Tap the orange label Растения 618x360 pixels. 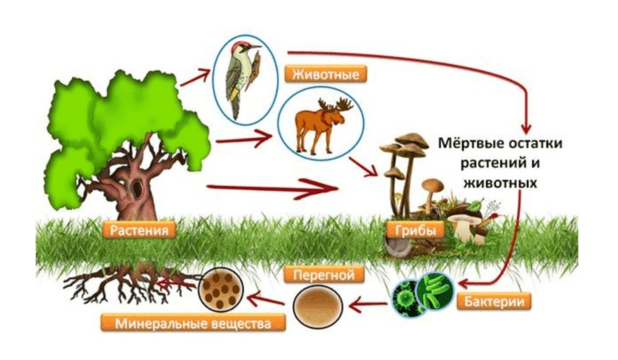(x=137, y=228)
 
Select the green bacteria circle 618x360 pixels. (x=423, y=296)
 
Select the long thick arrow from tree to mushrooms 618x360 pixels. (x=275, y=185)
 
